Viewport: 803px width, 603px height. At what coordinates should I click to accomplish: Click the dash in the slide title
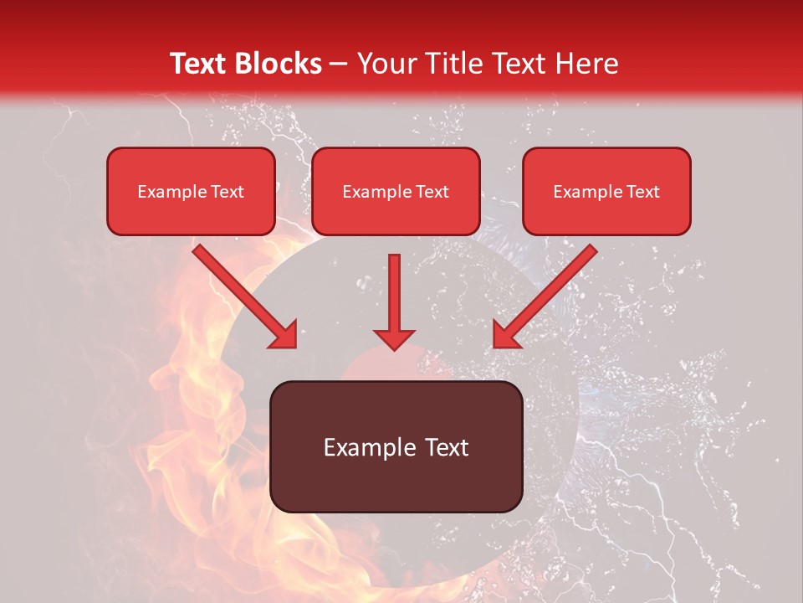(339, 64)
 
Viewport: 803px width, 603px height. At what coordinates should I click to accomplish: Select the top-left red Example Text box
(191, 192)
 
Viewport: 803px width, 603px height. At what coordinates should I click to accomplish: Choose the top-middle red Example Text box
(396, 192)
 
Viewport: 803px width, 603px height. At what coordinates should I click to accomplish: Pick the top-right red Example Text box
(606, 192)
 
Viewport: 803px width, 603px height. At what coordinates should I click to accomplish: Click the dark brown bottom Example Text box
(396, 446)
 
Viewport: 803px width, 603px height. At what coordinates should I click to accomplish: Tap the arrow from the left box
(243, 295)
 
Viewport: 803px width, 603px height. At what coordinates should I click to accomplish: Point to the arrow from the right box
(547, 295)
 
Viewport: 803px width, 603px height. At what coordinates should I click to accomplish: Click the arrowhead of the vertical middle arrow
(395, 338)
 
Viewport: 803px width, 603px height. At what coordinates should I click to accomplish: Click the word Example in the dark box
(364, 447)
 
